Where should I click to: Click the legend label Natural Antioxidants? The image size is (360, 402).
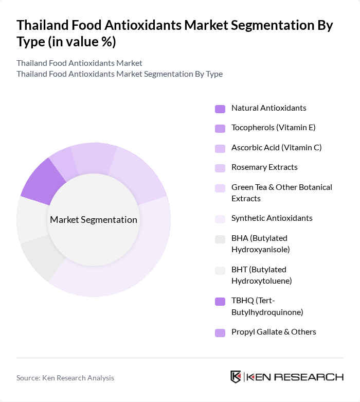268,108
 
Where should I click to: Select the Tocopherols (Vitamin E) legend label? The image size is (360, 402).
273,128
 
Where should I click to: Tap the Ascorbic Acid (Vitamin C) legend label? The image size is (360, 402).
276,148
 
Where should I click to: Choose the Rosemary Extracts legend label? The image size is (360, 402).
264,167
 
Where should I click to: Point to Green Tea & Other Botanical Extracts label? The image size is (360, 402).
281,193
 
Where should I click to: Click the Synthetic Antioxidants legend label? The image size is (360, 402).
272,218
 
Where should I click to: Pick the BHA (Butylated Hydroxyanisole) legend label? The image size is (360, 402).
260,243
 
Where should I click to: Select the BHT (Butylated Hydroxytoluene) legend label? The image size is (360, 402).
261,275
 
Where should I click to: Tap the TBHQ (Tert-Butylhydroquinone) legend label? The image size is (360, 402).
267,306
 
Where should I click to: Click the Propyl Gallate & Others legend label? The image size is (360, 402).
274,332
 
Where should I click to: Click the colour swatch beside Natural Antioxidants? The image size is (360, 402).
220,109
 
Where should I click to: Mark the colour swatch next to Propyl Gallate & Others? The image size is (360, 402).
220,333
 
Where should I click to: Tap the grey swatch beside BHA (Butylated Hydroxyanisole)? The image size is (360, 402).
220,239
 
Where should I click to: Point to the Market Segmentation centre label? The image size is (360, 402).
94,220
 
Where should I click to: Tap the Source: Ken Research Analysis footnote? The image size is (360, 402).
65,378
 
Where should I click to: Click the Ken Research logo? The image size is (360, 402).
287,377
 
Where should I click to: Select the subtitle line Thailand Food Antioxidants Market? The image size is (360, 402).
79,63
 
